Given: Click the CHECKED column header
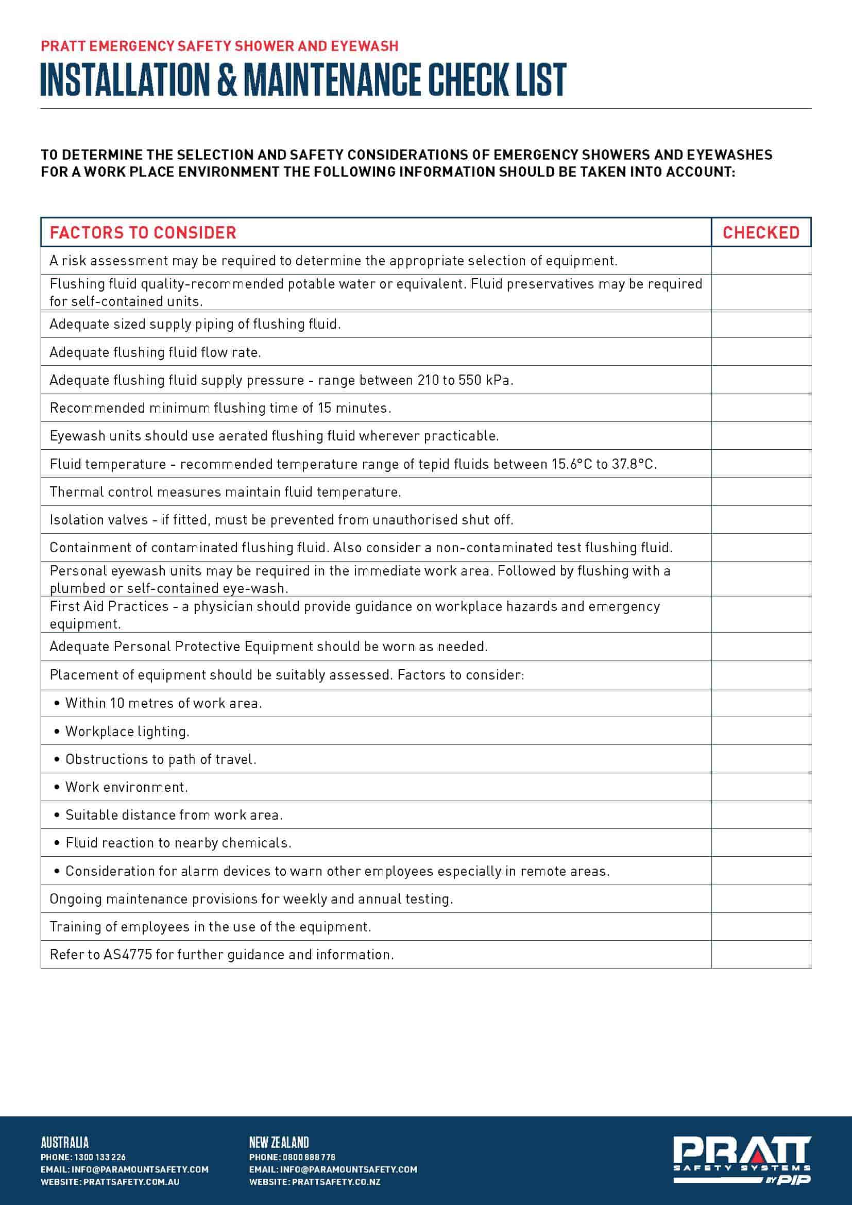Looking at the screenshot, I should coord(761,232).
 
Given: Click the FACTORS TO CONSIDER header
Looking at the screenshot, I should coord(143,232).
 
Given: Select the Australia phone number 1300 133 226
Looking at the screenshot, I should coord(100,1157).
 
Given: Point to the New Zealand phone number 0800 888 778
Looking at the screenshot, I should coord(309,1157).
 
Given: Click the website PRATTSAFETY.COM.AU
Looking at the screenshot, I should coord(131,1182).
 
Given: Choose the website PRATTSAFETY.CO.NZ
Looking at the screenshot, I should coord(336,1182).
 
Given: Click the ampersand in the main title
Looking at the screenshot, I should coord(226,80).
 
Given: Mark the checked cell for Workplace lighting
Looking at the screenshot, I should coord(761,731).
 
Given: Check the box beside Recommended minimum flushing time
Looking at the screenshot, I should coord(761,408).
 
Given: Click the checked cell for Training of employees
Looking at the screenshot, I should coord(761,926).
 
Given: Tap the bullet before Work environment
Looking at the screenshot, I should coord(57,787).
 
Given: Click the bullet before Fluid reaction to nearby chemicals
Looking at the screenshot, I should coord(57,843).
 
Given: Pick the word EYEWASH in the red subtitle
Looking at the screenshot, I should coord(364,46).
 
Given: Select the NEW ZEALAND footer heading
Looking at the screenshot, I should coord(279,1143).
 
